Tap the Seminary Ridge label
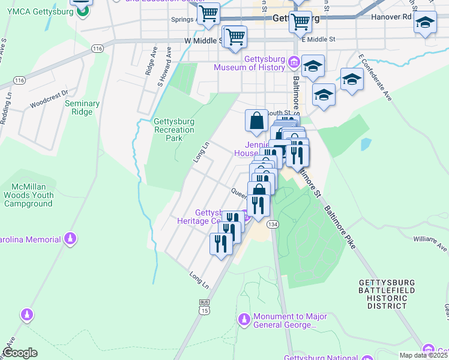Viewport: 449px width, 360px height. pyautogui.click(x=82, y=108)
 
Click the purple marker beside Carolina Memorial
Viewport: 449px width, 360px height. pyautogui.click(x=71, y=239)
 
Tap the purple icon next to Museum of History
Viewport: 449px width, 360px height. pyautogui.click(x=294, y=61)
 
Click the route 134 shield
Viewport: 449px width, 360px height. pyautogui.click(x=273, y=224)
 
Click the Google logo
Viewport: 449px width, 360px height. pyautogui.click(x=20, y=353)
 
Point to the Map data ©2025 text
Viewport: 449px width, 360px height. pyautogui.click(x=423, y=355)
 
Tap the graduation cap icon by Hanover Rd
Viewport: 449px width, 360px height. pyautogui.click(x=425, y=23)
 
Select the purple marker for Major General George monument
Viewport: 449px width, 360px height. pyautogui.click(x=243, y=319)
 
